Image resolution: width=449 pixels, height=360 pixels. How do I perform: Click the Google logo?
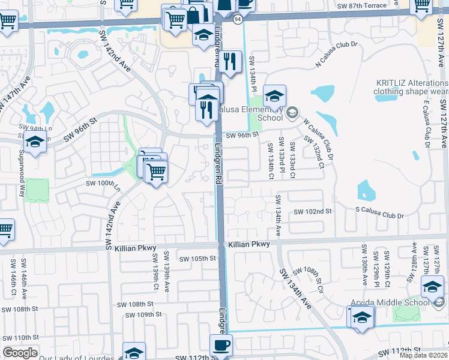click(x=20, y=353)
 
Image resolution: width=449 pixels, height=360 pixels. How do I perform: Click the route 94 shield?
click(x=238, y=19)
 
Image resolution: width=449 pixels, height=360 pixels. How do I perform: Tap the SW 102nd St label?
click(x=313, y=211)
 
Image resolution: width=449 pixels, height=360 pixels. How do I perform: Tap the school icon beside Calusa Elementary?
click(x=274, y=95)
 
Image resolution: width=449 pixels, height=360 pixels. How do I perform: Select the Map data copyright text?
click(x=424, y=355)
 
